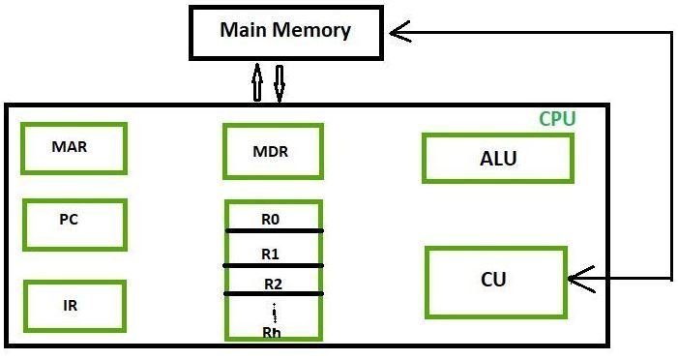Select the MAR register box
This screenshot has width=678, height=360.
(74, 148)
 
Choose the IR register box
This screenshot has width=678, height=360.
(74, 306)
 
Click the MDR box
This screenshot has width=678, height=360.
(271, 152)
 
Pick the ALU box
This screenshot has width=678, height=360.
(497, 159)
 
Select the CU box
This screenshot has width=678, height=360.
(494, 282)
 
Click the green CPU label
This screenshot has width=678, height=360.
(557, 120)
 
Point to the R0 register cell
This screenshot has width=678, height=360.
(272, 218)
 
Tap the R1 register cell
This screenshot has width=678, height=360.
(272, 252)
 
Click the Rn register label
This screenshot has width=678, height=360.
(273, 331)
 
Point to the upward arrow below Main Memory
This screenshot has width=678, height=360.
(257, 83)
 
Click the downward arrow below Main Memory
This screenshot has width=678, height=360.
(280, 83)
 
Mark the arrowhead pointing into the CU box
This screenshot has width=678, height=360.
(578, 280)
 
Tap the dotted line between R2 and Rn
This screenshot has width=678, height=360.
(275, 312)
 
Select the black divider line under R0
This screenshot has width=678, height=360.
(274, 230)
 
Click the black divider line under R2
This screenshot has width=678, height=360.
(274, 293)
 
